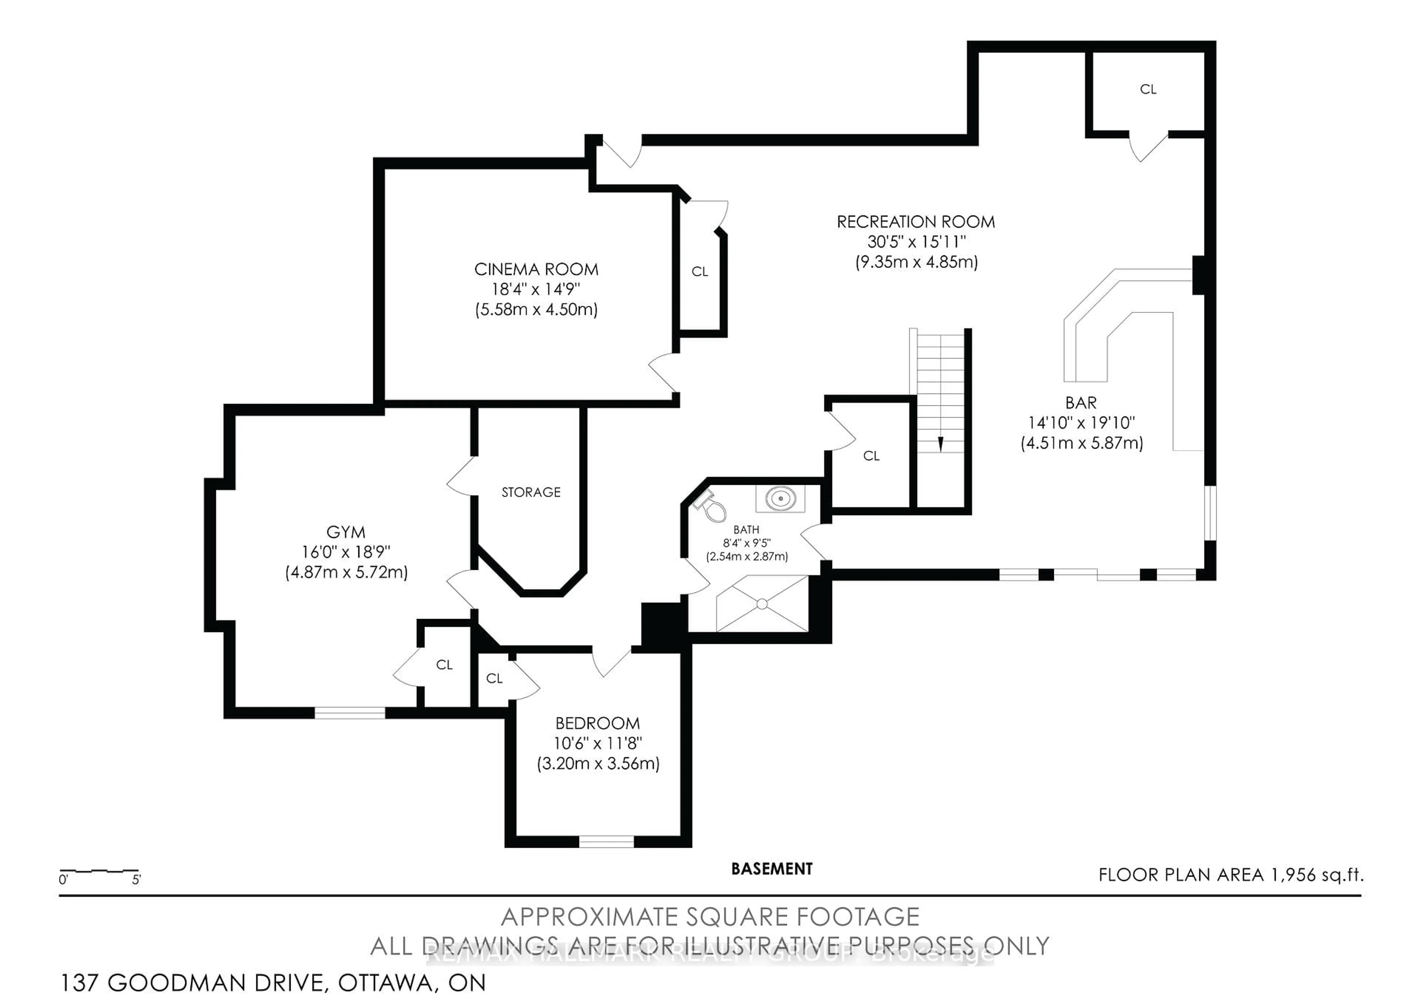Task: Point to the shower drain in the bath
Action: click(762, 604)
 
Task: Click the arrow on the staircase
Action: click(941, 444)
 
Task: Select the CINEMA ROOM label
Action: click(536, 269)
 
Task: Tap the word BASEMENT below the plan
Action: click(771, 869)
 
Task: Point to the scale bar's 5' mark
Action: click(136, 880)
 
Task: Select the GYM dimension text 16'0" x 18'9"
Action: click(346, 552)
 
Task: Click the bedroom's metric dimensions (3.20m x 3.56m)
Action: click(598, 764)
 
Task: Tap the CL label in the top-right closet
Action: click(1148, 89)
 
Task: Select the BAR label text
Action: click(1081, 403)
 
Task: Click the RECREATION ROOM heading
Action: click(915, 222)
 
